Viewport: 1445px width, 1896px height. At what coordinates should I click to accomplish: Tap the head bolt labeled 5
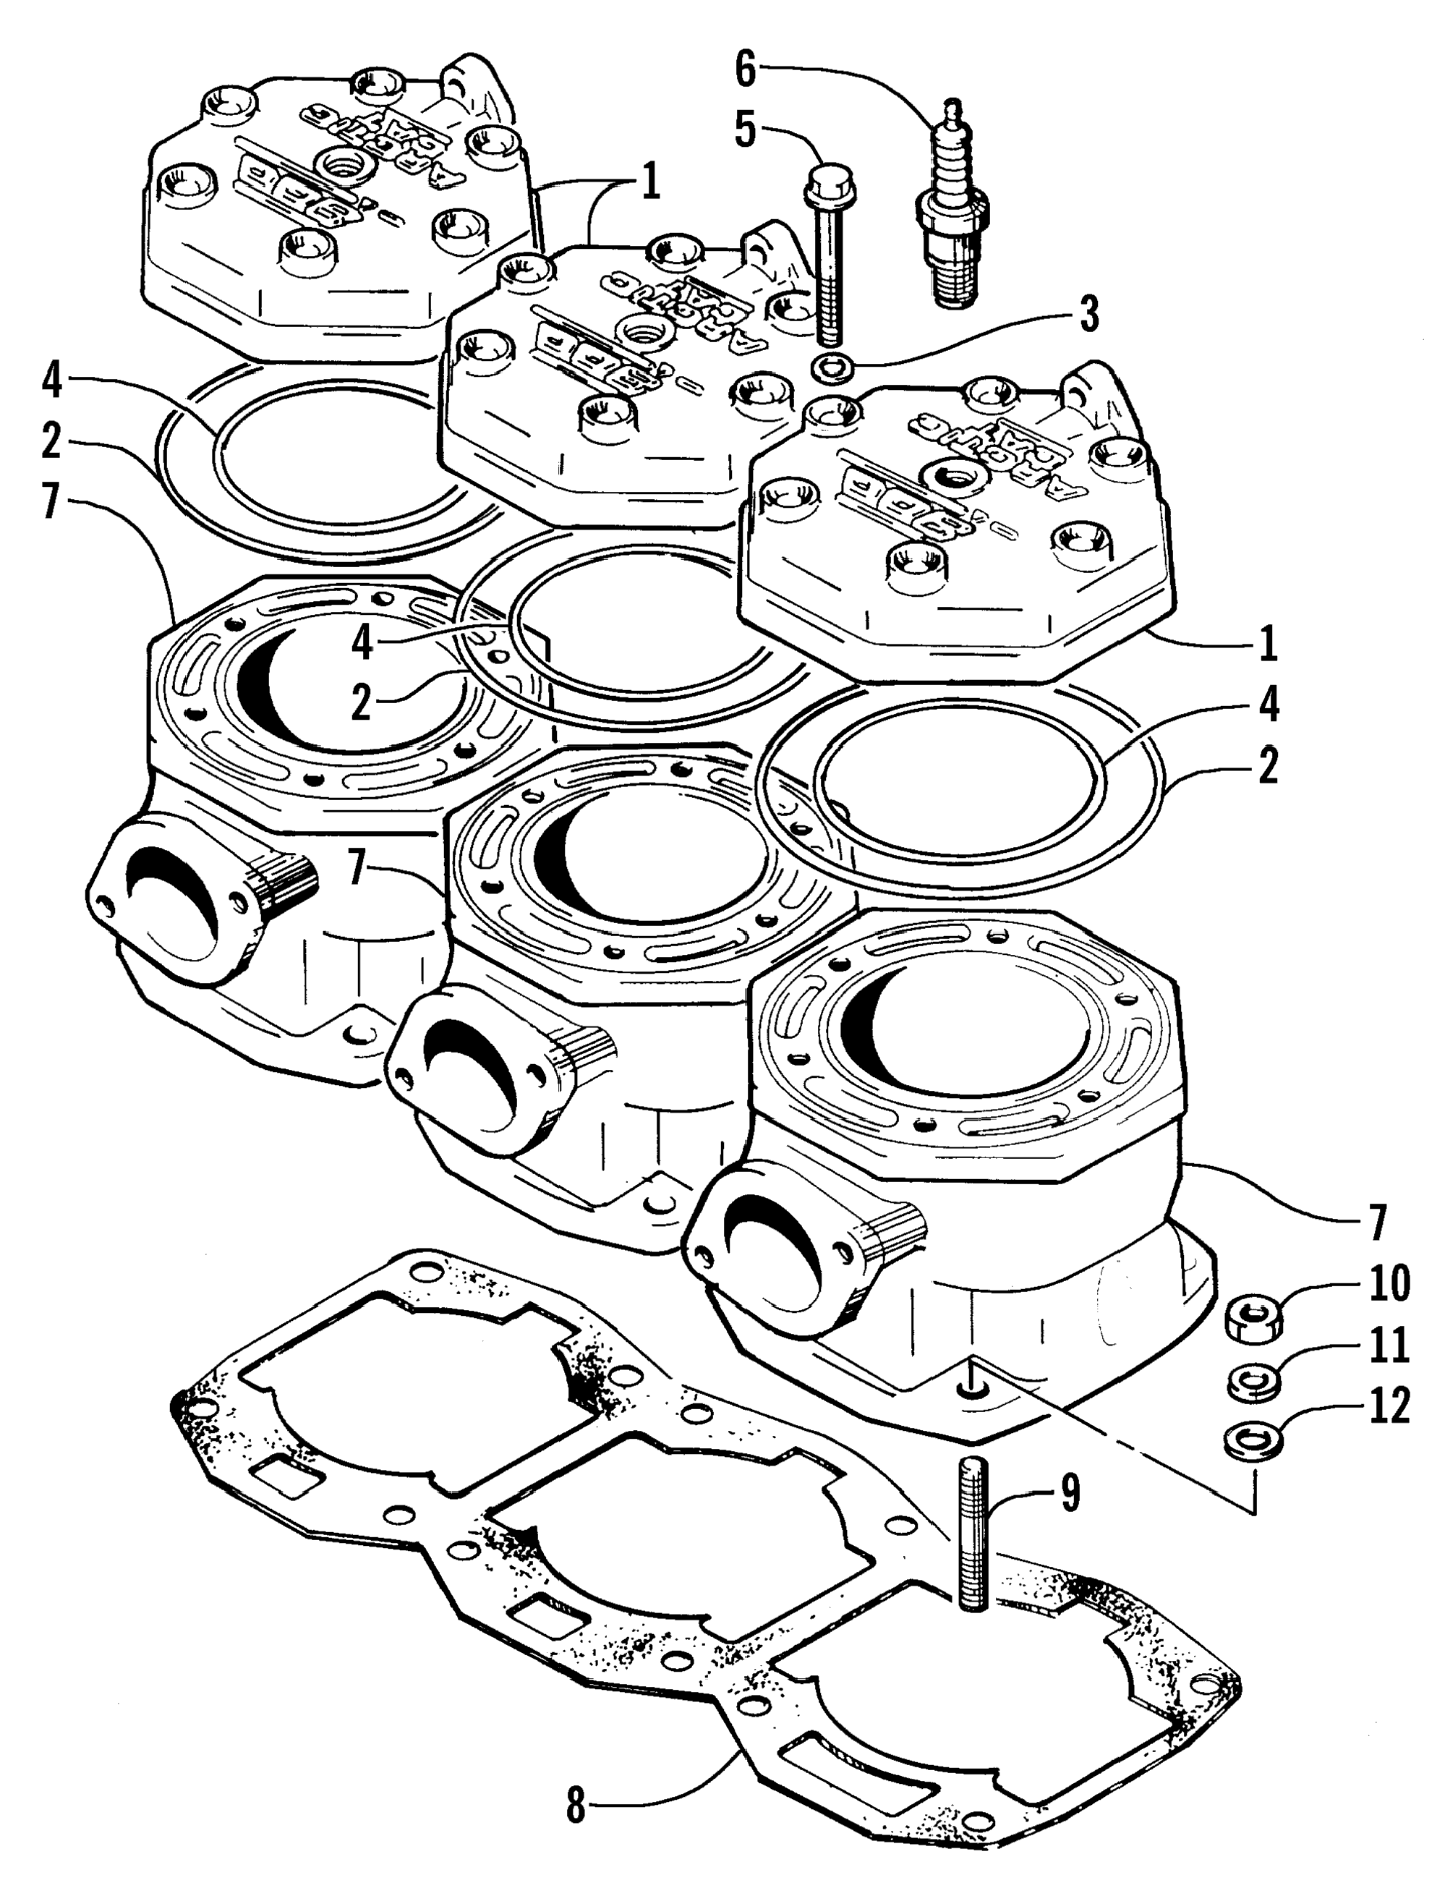coord(827,250)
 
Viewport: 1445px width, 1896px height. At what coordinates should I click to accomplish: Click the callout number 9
coord(1069,1495)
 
